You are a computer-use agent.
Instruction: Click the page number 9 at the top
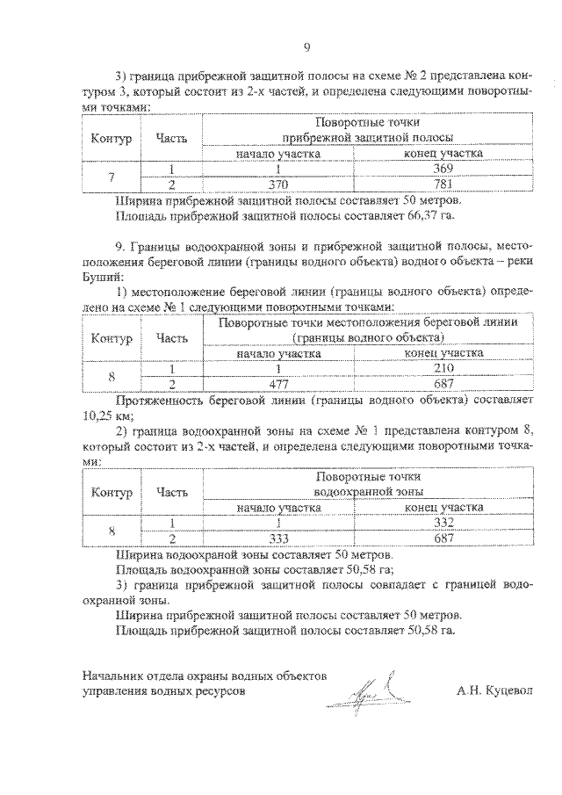(x=306, y=47)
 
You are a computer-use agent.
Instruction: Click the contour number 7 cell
(x=111, y=177)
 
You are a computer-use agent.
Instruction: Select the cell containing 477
(x=277, y=383)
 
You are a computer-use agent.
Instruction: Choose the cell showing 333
(x=277, y=538)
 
